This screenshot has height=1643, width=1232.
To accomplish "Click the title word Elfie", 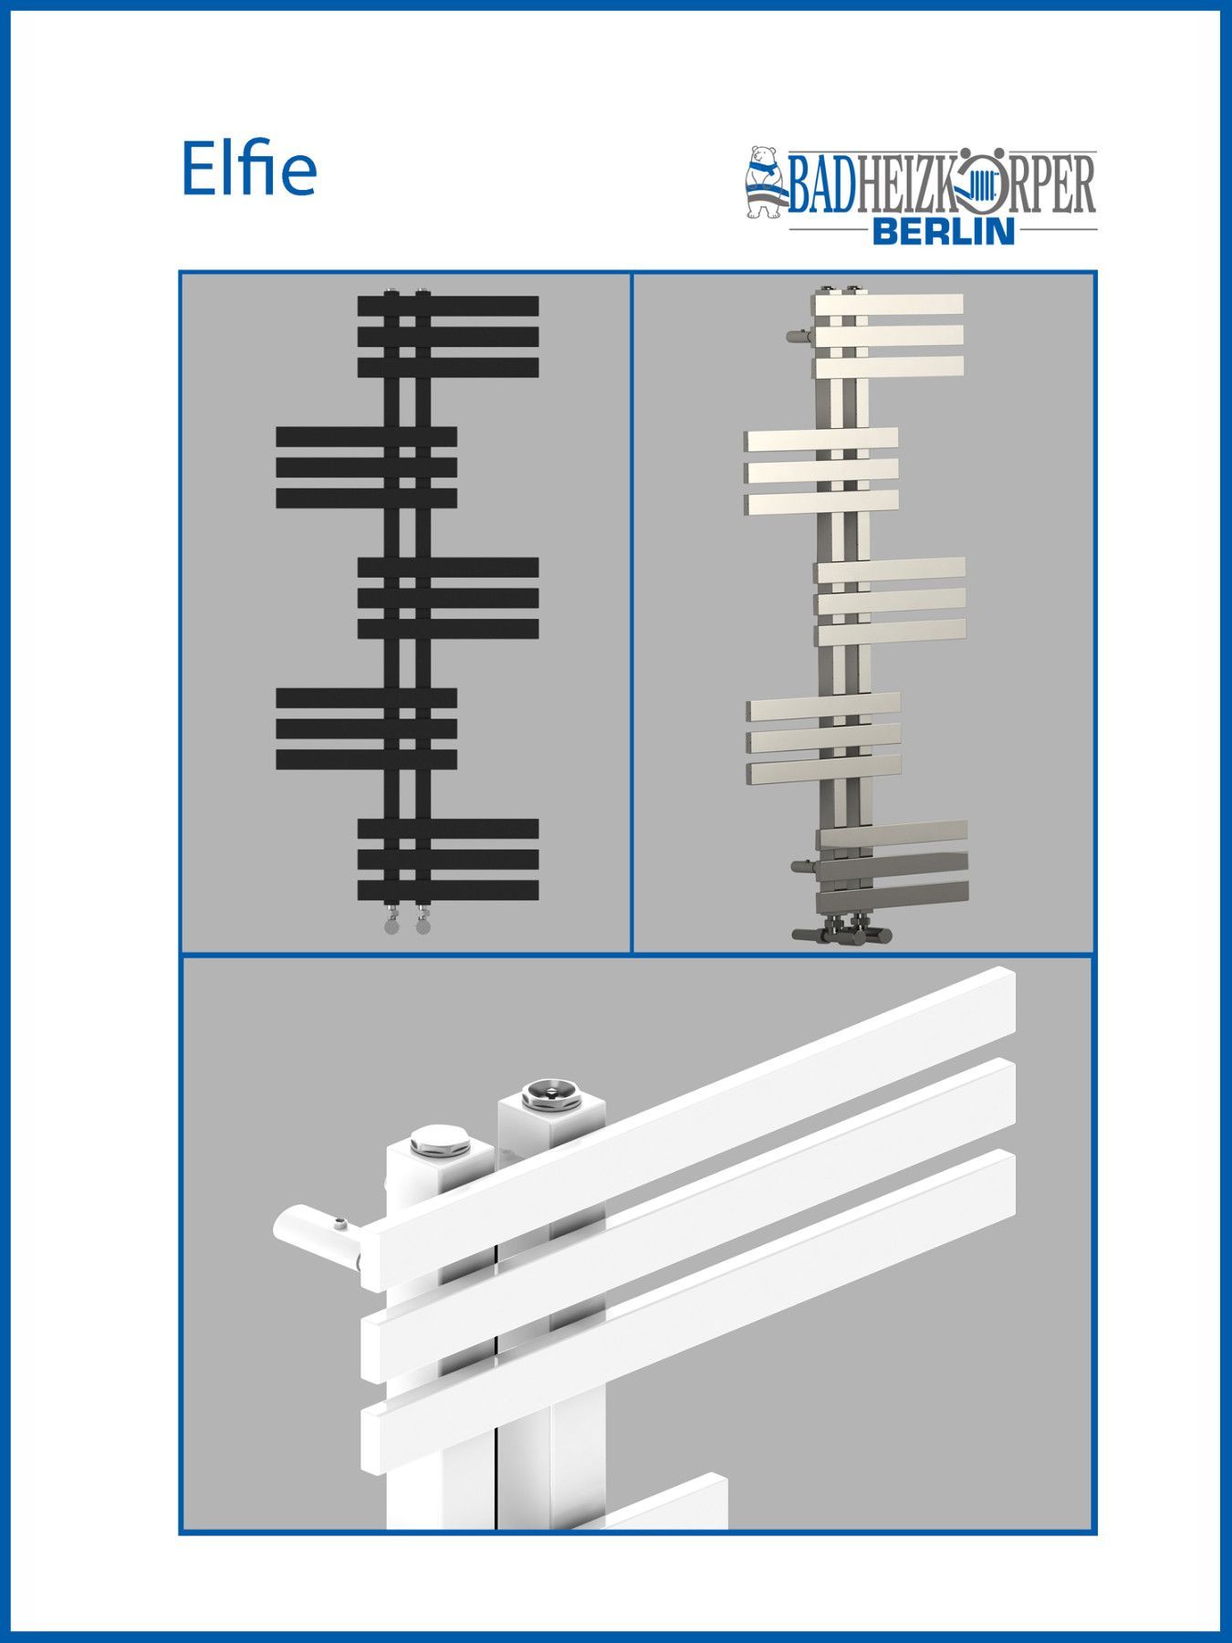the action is (x=249, y=168).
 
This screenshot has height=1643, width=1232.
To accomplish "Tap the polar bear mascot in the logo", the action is (x=763, y=183).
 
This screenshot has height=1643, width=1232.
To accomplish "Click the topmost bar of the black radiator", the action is (x=448, y=305).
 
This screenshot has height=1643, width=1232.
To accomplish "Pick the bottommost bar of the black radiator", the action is (x=448, y=890).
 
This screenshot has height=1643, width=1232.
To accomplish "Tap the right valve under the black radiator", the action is (x=422, y=920).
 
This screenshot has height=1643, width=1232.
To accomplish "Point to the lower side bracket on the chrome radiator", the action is (x=805, y=864).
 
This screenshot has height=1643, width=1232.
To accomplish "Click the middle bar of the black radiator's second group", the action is (x=366, y=467).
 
